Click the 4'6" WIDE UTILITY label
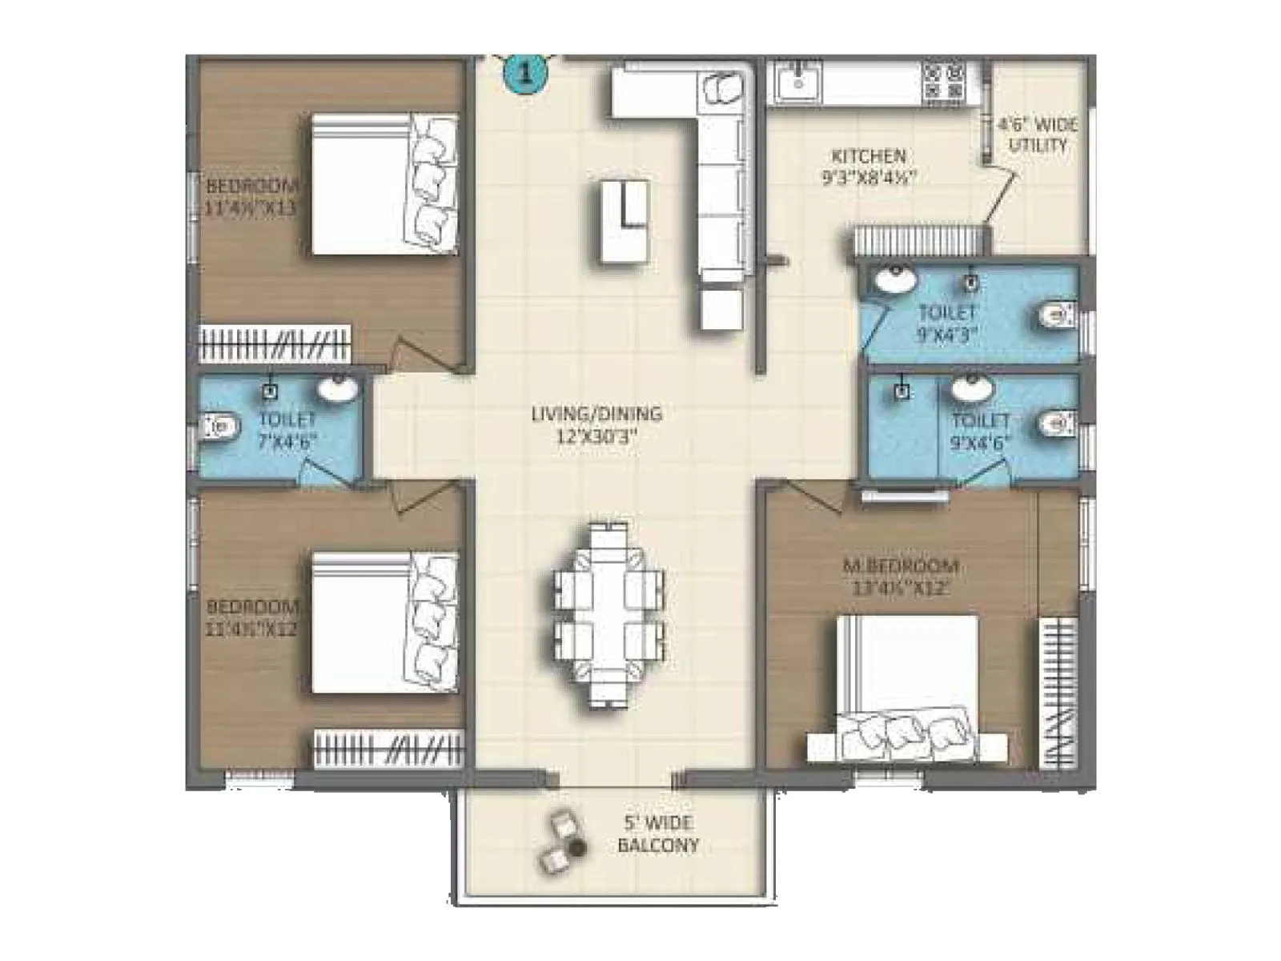(x=1038, y=135)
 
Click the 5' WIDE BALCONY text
(x=658, y=834)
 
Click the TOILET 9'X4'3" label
(x=948, y=323)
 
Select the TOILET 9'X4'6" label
(x=981, y=431)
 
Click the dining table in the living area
(x=608, y=613)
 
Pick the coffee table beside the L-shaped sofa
(x=624, y=219)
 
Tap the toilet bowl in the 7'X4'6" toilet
(x=219, y=427)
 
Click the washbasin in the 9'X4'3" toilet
(x=894, y=281)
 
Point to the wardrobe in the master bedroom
(x=1058, y=694)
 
